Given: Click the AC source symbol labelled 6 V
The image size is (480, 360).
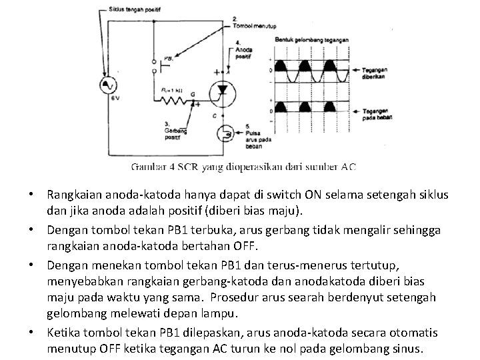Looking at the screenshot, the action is tap(107, 84).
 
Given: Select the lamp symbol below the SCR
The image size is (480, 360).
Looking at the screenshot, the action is tap(226, 133).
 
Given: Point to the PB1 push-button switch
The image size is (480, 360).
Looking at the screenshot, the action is tap(154, 64).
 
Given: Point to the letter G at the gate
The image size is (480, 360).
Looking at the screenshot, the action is tap(193, 94).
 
